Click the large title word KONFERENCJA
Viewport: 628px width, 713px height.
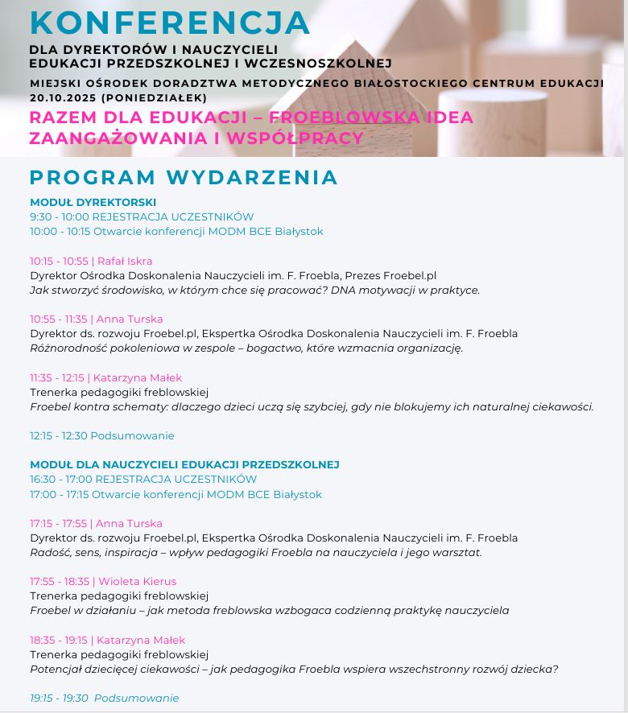(x=170, y=23)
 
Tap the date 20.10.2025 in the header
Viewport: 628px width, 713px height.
(x=64, y=97)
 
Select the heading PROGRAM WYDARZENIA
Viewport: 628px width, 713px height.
(x=184, y=177)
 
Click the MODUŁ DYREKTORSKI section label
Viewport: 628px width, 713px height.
(x=93, y=202)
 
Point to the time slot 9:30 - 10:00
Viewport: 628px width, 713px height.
(x=59, y=216)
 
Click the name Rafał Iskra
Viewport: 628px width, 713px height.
(x=125, y=261)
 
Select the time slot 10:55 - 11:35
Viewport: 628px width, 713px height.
(x=58, y=319)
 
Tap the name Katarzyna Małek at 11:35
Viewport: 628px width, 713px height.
(x=138, y=377)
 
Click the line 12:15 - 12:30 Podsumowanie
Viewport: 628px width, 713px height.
(x=101, y=435)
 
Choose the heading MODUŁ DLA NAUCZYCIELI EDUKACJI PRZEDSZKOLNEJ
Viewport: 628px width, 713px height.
(x=184, y=464)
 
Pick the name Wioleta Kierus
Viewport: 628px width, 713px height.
(x=137, y=581)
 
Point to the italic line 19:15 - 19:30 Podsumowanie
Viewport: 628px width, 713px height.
(x=104, y=698)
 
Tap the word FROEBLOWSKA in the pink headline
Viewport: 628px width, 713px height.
(x=332, y=117)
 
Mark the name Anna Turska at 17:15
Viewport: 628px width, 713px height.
(x=130, y=523)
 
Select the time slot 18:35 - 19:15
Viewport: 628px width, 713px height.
(x=59, y=640)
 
